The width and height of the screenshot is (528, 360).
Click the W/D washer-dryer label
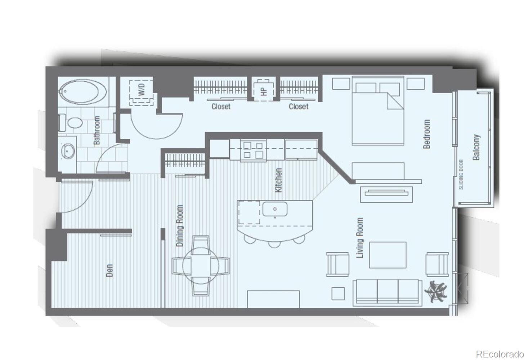point(142,89)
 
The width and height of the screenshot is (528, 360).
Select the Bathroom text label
point(97,130)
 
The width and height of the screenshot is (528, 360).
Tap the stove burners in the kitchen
point(253,150)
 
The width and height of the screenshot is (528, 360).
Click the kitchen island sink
point(274,209)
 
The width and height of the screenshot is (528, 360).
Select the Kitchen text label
point(278,180)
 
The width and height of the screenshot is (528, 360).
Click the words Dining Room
point(180,226)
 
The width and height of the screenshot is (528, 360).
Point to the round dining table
point(201,266)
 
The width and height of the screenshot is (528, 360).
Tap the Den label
point(109,270)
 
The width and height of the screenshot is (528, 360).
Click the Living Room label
point(360,238)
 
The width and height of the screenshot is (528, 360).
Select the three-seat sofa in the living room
point(388,292)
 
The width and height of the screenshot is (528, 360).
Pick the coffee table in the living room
point(388,255)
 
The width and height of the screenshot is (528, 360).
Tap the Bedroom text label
point(427,134)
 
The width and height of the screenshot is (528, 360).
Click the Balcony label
point(476,147)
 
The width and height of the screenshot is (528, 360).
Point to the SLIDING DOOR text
point(461,175)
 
